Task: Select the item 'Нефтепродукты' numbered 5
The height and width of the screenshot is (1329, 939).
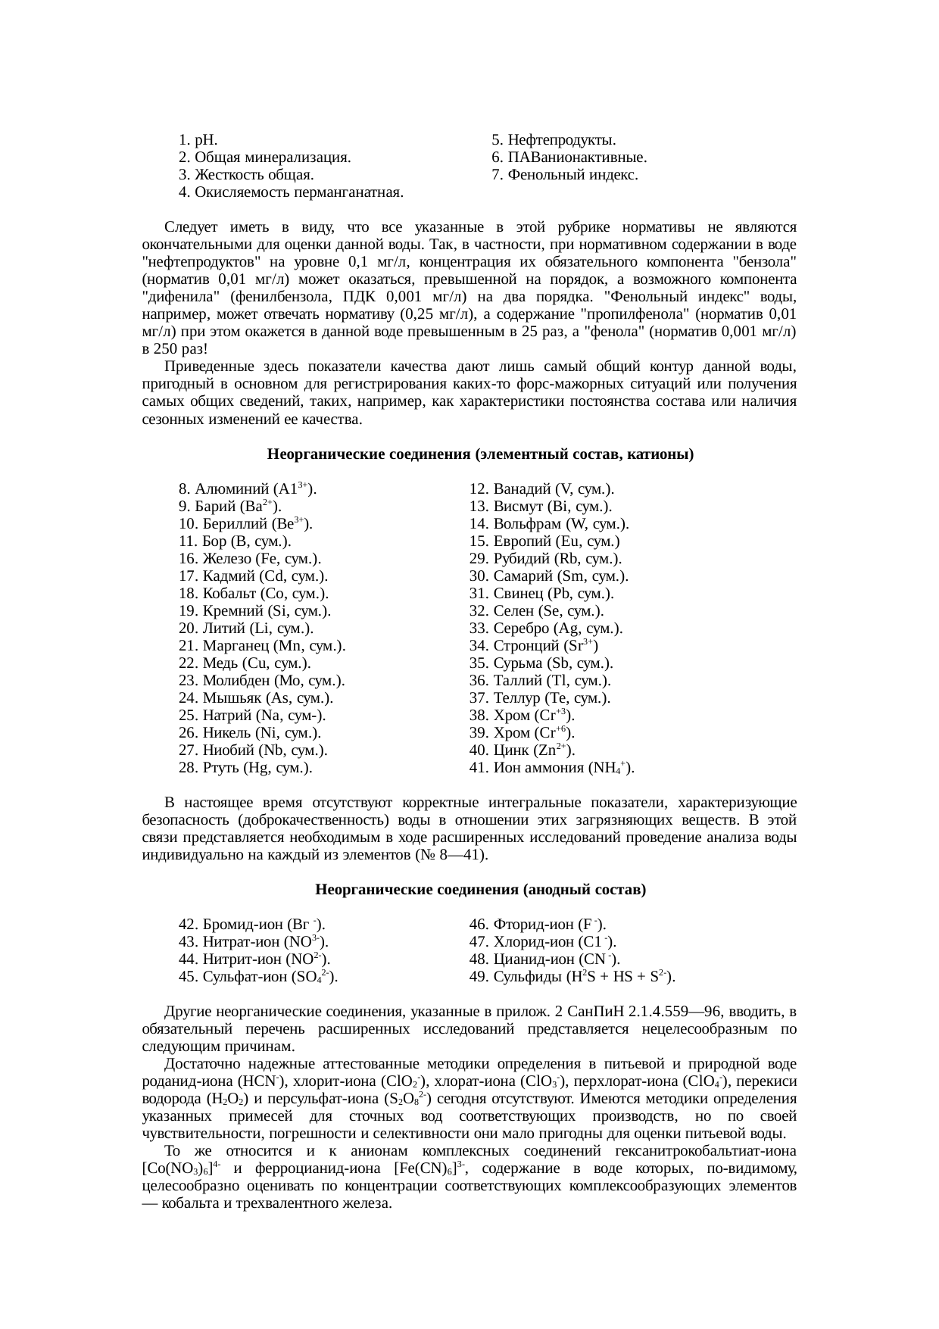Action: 553,141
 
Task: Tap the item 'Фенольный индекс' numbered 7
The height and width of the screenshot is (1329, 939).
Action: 564,176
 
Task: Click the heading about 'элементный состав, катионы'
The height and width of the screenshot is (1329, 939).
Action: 481,455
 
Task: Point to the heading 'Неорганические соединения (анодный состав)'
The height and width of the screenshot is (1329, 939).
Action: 480,890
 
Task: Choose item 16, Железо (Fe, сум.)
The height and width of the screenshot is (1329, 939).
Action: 249,559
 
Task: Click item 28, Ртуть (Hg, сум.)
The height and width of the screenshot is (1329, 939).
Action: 245,768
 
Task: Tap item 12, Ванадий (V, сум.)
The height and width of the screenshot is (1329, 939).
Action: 541,489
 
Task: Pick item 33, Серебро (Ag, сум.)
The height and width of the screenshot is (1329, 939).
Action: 546,629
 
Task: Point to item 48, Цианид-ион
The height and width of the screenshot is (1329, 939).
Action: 544,959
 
